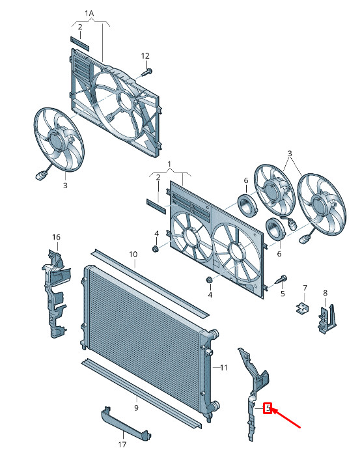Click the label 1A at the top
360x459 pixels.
[89, 13]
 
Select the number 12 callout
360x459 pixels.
[145, 55]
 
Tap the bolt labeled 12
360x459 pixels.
[147, 72]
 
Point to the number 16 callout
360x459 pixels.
[56, 237]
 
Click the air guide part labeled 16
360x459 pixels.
[55, 294]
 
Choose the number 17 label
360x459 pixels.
[122, 445]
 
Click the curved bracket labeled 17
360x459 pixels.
[126, 422]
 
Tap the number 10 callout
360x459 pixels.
[133, 255]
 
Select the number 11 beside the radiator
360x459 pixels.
[223, 367]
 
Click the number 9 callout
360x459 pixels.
[136, 408]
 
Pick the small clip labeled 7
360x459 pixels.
[302, 308]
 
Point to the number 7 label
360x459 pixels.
[305, 288]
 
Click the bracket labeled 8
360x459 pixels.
[327, 319]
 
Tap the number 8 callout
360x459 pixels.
[325, 293]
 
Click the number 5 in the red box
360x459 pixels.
[268, 408]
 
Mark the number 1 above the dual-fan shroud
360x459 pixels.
[169, 164]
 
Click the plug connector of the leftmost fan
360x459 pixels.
[40, 176]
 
